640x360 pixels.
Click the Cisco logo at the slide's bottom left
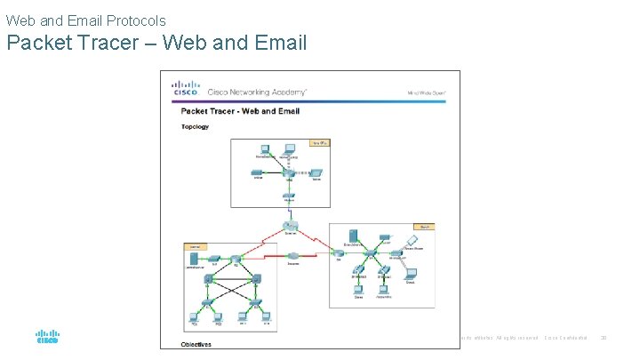coord(47,337)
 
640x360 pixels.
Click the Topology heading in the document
coord(195,126)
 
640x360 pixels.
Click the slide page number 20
coord(604,337)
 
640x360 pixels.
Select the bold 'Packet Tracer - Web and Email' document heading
coord(240,111)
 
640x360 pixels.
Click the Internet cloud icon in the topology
coord(291,227)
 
